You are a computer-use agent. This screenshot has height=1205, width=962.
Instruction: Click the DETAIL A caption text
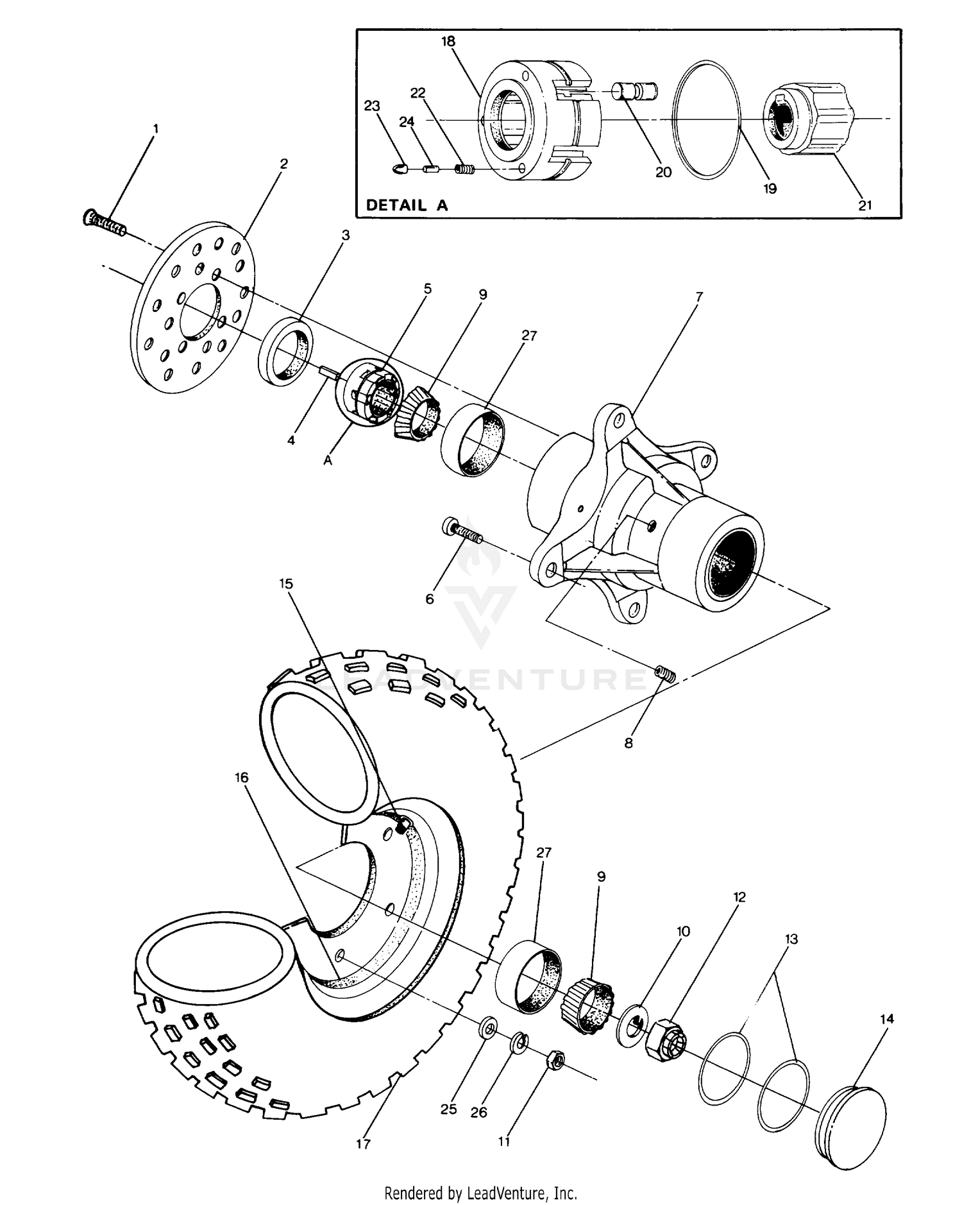pos(406,205)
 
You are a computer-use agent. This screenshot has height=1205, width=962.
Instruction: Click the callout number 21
pos(865,205)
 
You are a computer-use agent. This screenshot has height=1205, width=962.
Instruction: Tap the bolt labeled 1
pos(105,223)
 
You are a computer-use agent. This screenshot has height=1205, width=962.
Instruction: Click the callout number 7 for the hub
pos(699,296)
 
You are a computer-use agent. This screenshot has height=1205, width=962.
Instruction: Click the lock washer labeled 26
pos(519,1044)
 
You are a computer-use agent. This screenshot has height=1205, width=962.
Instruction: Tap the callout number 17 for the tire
pos(363,1143)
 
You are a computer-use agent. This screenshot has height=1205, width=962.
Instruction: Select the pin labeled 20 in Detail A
pos(634,91)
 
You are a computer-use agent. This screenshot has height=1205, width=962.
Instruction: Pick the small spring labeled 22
pos(464,169)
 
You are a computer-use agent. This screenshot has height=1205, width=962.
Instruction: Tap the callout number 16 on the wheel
pos(241,778)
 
